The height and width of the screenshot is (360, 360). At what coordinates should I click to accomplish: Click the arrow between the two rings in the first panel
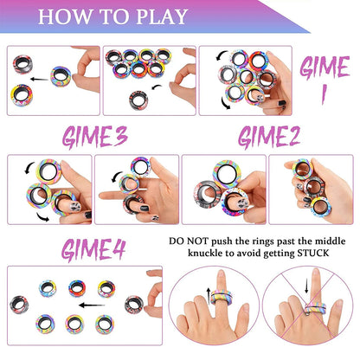[x=36, y=77]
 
